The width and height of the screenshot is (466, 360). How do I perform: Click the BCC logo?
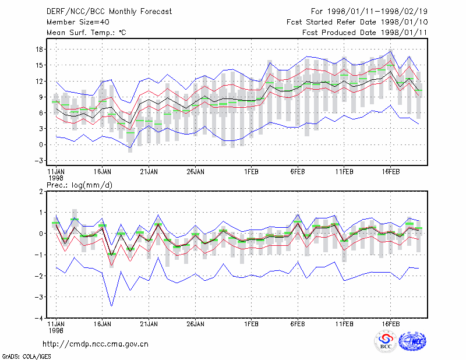point(386,341)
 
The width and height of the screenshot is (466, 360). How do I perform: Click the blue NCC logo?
point(412,341)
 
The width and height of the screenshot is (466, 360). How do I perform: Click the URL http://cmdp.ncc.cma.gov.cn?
point(96,344)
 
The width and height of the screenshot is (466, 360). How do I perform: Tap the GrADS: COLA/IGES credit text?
point(26,357)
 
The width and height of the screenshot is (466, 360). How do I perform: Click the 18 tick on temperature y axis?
point(40,50)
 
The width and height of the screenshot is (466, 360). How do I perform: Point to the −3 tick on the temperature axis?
point(39,161)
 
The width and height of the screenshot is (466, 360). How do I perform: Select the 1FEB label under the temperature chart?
point(251,172)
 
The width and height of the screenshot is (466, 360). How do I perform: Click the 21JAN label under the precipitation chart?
point(149,324)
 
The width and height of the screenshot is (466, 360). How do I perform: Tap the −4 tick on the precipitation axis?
point(39,318)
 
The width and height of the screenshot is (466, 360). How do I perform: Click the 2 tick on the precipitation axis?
point(41,191)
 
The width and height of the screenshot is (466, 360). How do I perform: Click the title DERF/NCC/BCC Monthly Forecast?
point(109,12)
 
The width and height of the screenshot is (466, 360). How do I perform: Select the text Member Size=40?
point(78,22)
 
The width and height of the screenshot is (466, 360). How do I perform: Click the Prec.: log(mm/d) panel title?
point(79,185)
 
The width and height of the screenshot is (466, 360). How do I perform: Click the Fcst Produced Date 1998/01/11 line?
point(365,33)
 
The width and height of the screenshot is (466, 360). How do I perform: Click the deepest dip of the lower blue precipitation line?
point(112,306)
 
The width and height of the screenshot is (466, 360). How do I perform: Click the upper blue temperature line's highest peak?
point(391,51)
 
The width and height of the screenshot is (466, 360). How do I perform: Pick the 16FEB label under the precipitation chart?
point(390,324)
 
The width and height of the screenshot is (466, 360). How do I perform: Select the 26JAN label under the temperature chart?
point(195,172)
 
